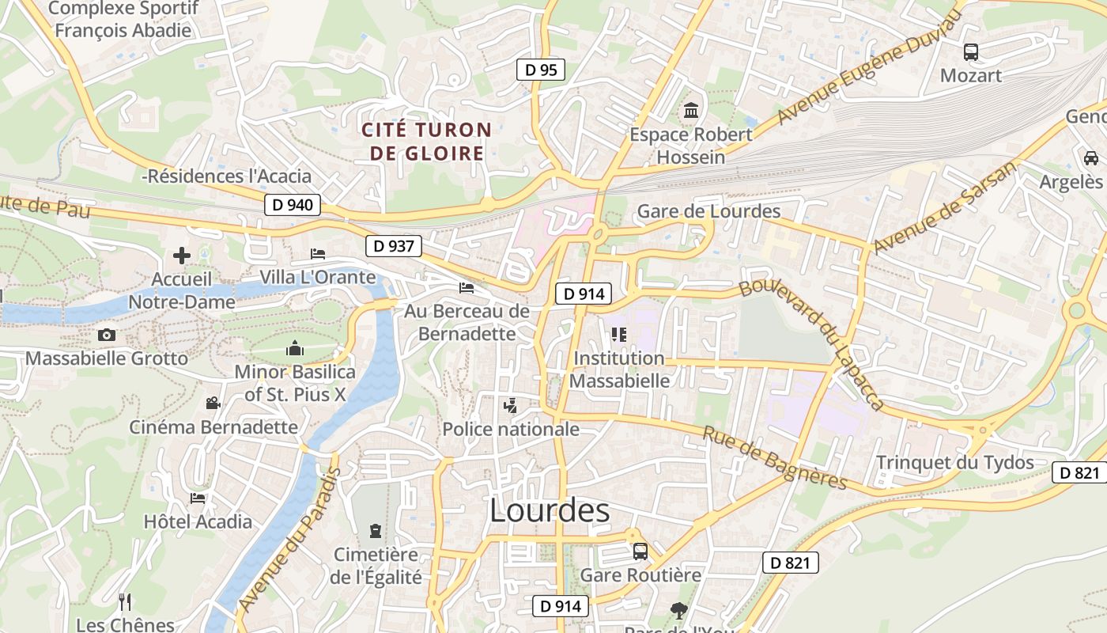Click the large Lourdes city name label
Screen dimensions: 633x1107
(x=550, y=511)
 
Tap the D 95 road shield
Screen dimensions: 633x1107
(x=541, y=70)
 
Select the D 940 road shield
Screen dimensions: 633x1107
(x=292, y=206)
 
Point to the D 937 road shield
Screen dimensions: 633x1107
(x=394, y=246)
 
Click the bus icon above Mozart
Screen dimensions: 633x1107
(x=970, y=52)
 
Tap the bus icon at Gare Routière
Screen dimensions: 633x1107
(x=640, y=551)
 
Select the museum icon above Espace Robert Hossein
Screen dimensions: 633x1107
(x=691, y=111)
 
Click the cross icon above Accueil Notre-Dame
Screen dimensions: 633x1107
(x=182, y=256)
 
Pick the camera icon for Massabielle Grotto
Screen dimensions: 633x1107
(x=107, y=335)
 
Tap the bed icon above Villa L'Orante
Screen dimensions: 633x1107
(x=318, y=254)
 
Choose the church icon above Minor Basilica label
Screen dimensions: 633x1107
(x=295, y=348)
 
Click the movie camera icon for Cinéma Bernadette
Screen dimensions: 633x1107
(x=213, y=404)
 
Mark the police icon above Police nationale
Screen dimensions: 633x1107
(x=510, y=407)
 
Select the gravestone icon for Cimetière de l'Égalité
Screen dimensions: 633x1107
(x=376, y=531)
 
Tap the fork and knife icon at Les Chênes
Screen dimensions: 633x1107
(x=125, y=602)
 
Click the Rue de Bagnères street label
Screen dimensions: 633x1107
(x=775, y=458)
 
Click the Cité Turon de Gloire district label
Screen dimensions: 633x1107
(x=427, y=141)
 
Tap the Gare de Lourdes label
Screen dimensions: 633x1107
(x=708, y=211)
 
